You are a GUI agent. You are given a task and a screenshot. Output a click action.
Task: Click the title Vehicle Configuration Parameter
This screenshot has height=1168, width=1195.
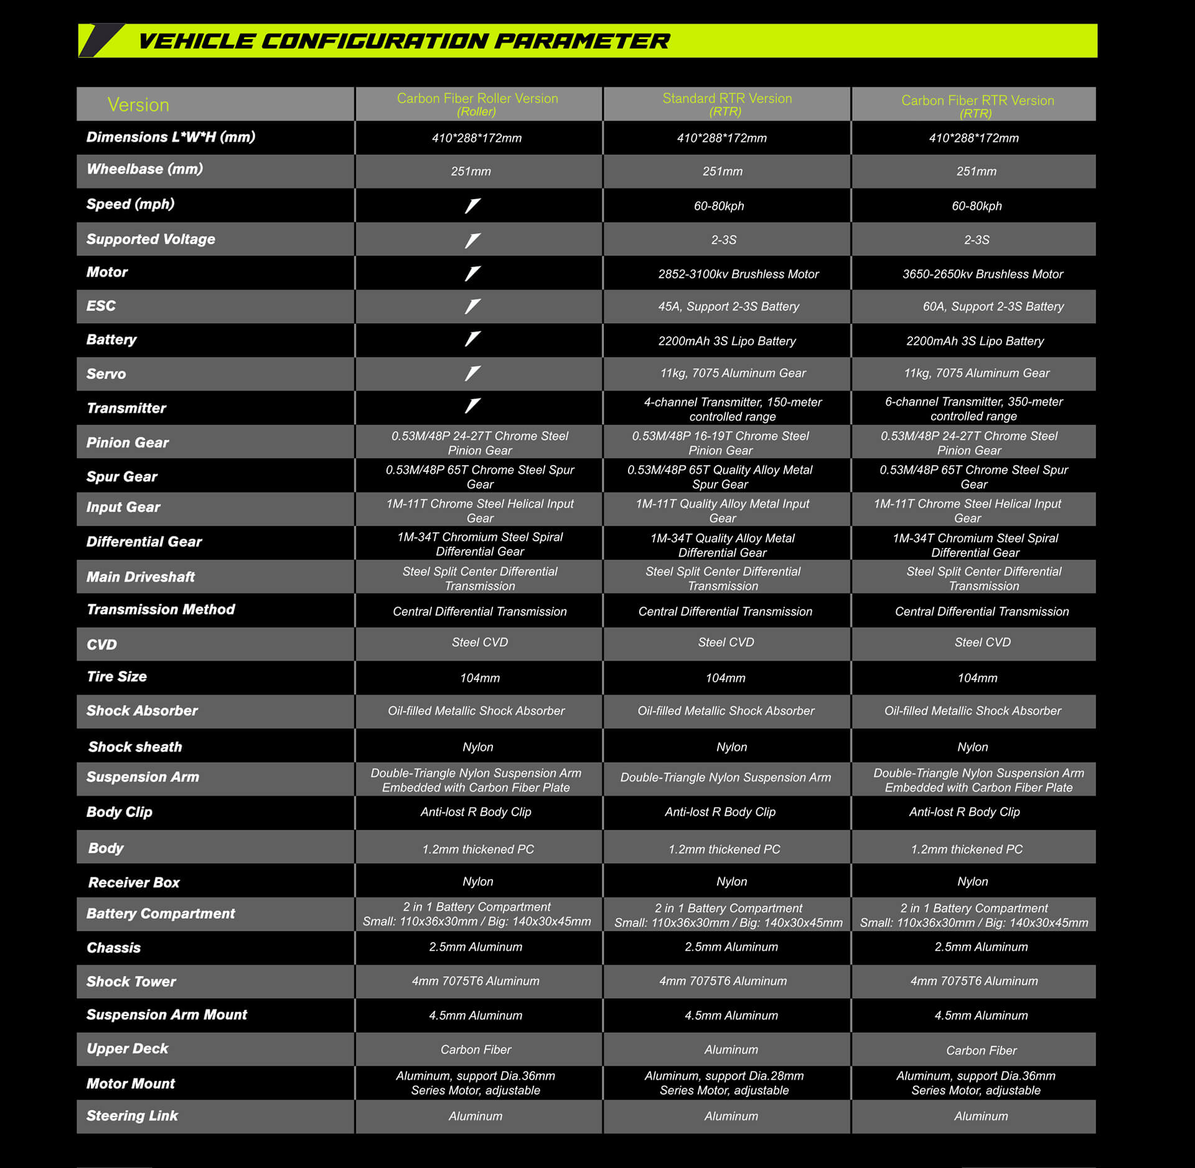click(x=403, y=41)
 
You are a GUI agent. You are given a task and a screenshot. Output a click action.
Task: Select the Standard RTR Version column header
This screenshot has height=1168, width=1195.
click(x=727, y=104)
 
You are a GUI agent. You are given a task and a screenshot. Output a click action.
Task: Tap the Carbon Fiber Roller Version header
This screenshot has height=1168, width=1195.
click(x=477, y=104)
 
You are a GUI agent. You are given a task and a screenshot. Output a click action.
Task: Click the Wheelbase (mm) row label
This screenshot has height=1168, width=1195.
click(x=145, y=169)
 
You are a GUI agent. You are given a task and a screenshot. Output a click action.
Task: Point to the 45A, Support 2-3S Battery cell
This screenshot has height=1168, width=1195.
click(x=728, y=306)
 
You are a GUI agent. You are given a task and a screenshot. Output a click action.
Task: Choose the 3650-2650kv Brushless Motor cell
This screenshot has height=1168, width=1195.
click(x=982, y=274)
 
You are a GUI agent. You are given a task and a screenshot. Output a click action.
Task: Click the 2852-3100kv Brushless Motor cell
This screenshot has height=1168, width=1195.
click(x=738, y=274)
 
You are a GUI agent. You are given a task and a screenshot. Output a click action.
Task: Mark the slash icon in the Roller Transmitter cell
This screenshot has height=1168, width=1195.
click(x=473, y=406)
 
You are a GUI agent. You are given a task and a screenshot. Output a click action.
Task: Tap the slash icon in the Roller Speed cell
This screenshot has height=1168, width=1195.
click(x=473, y=205)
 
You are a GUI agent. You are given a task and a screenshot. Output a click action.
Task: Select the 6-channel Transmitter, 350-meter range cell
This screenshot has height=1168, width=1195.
click(x=973, y=409)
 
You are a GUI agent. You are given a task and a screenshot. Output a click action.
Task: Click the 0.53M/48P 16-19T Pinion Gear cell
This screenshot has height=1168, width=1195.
click(x=720, y=443)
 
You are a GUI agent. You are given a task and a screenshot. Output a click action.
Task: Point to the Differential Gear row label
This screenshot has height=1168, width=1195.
click(x=144, y=542)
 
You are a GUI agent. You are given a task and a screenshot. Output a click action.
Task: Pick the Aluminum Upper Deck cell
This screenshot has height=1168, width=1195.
click(x=731, y=1050)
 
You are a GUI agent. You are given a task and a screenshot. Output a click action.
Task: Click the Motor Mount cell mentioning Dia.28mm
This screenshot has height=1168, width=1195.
click(x=724, y=1083)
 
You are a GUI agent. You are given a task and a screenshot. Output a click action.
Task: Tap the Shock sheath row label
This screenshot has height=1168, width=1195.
click(x=135, y=746)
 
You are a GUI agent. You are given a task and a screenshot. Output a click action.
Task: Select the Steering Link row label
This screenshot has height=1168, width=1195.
click(x=132, y=1116)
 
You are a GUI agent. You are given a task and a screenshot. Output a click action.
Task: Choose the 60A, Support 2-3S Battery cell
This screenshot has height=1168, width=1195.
click(x=993, y=306)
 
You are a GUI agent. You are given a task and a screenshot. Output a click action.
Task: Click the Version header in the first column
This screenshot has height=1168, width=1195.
click(x=138, y=105)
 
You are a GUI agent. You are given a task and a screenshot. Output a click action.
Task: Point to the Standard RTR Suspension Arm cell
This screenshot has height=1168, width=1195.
click(x=725, y=778)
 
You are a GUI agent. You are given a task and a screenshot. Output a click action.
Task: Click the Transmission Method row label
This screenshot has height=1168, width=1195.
click(x=161, y=610)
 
